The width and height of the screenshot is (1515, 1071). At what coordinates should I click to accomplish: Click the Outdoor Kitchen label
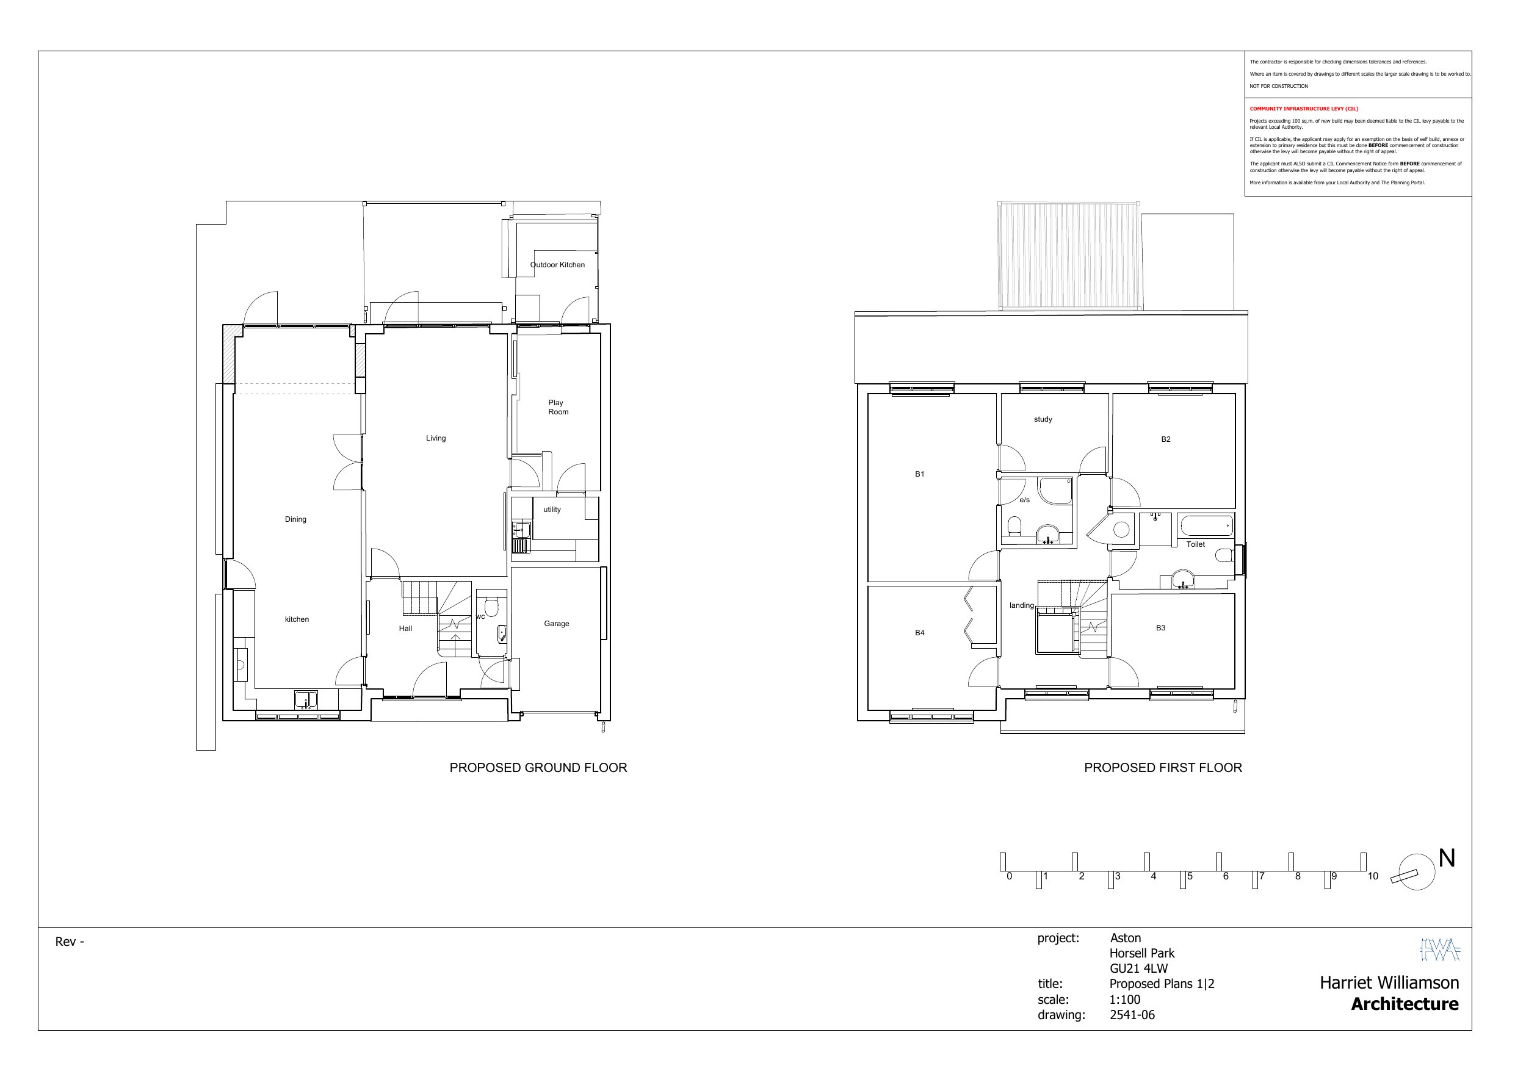pyautogui.click(x=557, y=265)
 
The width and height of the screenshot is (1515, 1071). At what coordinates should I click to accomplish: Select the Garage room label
pyautogui.click(x=556, y=624)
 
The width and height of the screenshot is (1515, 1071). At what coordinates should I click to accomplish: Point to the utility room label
pyautogui.click(x=552, y=510)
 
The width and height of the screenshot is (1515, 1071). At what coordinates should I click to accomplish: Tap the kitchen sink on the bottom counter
pyautogui.click(x=306, y=699)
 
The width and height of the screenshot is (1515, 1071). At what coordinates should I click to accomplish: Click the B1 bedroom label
pyautogui.click(x=920, y=474)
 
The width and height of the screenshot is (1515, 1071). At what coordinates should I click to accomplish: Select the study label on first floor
pyautogui.click(x=1043, y=419)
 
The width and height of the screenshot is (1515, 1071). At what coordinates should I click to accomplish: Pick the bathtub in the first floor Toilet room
pyautogui.click(x=1206, y=526)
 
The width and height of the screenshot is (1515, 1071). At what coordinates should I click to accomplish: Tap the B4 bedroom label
pyautogui.click(x=920, y=633)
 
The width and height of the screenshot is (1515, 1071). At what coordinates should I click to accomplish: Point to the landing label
pyautogui.click(x=1021, y=605)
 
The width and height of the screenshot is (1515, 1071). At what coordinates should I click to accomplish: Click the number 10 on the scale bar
pyautogui.click(x=1373, y=876)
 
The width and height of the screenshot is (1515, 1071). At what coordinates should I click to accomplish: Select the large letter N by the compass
pyautogui.click(x=1447, y=858)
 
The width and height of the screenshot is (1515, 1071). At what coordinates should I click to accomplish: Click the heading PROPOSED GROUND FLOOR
pyautogui.click(x=538, y=768)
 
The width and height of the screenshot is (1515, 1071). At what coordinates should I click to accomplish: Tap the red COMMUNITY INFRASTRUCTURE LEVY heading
pyautogui.click(x=1304, y=109)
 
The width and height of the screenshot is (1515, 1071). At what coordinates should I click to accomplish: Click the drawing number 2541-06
pyautogui.click(x=1132, y=1015)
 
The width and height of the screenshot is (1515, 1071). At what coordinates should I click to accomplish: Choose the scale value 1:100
pyautogui.click(x=1124, y=999)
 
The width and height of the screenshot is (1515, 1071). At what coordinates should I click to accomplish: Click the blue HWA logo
pyautogui.click(x=1440, y=950)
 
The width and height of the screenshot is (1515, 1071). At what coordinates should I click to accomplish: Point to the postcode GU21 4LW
pyautogui.click(x=1139, y=968)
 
